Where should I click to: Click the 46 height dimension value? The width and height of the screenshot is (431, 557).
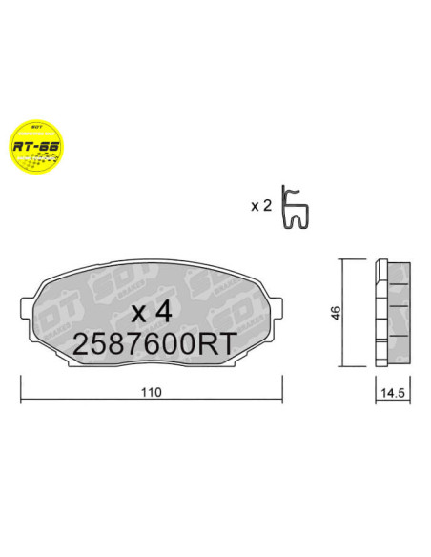coord(334,312)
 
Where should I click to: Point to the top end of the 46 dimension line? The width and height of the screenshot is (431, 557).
coord(343,258)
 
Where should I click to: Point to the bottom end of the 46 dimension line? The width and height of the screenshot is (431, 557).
coord(343,365)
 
